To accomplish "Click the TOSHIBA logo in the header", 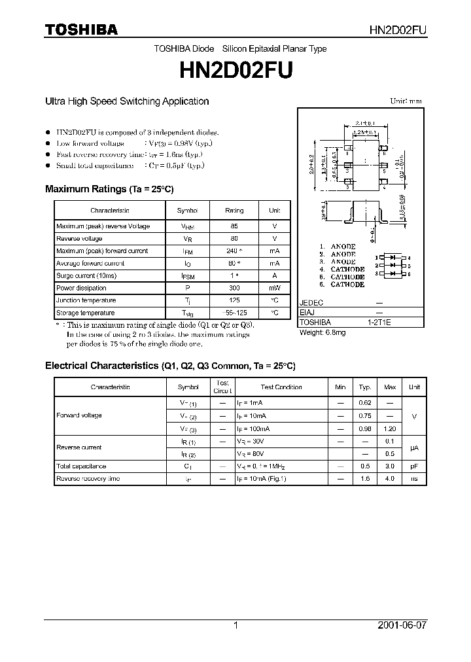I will (x=81, y=29).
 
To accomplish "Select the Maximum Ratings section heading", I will (x=109, y=189).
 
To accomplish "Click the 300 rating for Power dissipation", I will (x=234, y=288).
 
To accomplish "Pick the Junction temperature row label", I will (x=86, y=300).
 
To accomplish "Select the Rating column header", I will (x=234, y=211).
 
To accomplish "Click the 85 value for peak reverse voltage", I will (x=234, y=226).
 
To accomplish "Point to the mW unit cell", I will (x=274, y=288).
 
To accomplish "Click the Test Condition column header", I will (x=281, y=387).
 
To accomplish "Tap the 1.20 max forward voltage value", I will (x=390, y=428).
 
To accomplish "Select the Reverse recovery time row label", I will (x=88, y=479).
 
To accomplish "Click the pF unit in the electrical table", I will (x=414, y=466).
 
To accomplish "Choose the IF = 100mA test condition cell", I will (x=253, y=428).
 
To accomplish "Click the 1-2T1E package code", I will (x=379, y=322).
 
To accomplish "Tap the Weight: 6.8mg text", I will (x=322, y=332).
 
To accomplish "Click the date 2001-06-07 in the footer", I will (x=402, y=625).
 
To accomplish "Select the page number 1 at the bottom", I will (x=235, y=625).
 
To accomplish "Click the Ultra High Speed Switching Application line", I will (x=127, y=101).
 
